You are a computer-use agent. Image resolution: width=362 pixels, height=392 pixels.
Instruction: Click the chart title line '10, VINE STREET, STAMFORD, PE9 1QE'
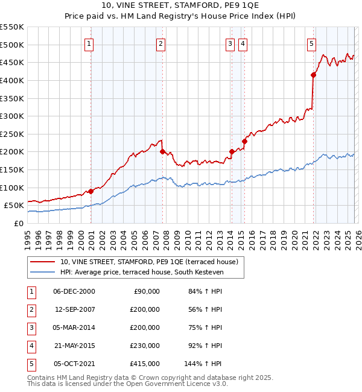click(180, 7)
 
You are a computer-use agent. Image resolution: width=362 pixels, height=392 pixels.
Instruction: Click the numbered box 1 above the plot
click(89, 43)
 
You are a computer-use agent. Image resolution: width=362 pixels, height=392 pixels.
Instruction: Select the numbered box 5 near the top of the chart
click(311, 43)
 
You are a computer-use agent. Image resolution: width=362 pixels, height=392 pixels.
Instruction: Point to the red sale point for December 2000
click(91, 191)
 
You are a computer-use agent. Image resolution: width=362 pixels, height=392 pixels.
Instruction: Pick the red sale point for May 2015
click(244, 141)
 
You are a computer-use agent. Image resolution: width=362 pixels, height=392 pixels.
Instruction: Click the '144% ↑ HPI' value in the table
click(203, 364)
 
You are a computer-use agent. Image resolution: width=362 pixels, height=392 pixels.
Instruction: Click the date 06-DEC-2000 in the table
click(74, 291)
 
